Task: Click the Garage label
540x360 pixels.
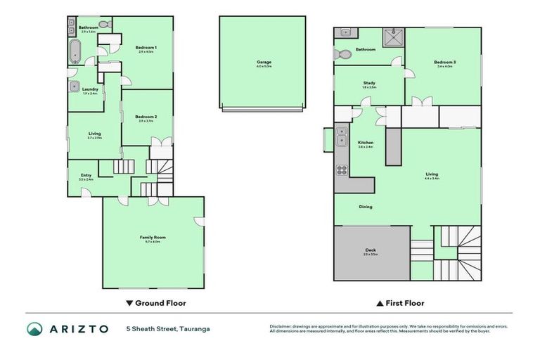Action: pyautogui.click(x=264, y=62)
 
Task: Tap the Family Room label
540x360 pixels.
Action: pyautogui.click(x=153, y=238)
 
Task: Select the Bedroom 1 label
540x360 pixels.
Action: pyautogui.click(x=146, y=48)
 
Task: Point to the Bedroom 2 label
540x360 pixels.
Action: pyautogui.click(x=146, y=116)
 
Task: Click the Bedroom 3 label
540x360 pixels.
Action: pyautogui.click(x=445, y=63)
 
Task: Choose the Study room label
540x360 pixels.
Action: pyautogui.click(x=369, y=84)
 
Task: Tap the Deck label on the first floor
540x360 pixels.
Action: pyautogui.click(x=371, y=250)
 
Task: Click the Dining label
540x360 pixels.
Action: pyautogui.click(x=366, y=207)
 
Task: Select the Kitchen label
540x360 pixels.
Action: pyautogui.click(x=366, y=143)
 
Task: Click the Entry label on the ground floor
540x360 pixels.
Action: pyautogui.click(x=86, y=176)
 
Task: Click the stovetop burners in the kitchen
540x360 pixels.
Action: pyautogui.click(x=342, y=169)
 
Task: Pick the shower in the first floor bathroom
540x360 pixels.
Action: pyautogui.click(x=392, y=35)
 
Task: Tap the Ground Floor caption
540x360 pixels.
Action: pyautogui.click(x=155, y=304)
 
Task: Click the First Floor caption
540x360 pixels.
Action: pyautogui.click(x=400, y=304)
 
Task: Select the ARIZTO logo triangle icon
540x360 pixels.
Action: pyautogui.click(x=35, y=328)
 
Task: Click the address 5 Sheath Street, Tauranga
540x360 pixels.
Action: pyautogui.click(x=167, y=328)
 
